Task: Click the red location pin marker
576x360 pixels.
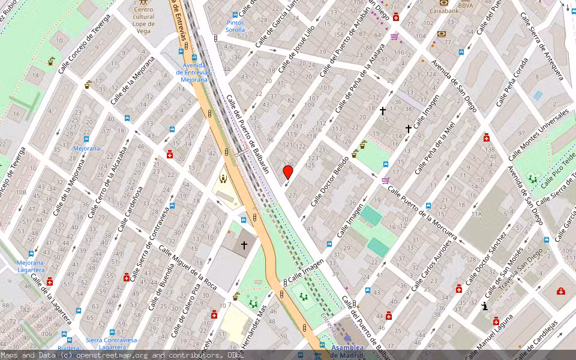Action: (x=288, y=172)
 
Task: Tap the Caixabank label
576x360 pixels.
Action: (x=448, y=10)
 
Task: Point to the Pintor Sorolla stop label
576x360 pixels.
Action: (x=235, y=26)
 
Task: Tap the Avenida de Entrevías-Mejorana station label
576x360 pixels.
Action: (x=194, y=73)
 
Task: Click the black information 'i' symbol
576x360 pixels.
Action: (x=485, y=307)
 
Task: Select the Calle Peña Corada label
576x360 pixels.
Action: (x=513, y=83)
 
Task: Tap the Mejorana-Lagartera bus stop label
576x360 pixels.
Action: (x=31, y=266)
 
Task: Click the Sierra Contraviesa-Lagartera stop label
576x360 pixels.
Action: (x=112, y=343)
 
